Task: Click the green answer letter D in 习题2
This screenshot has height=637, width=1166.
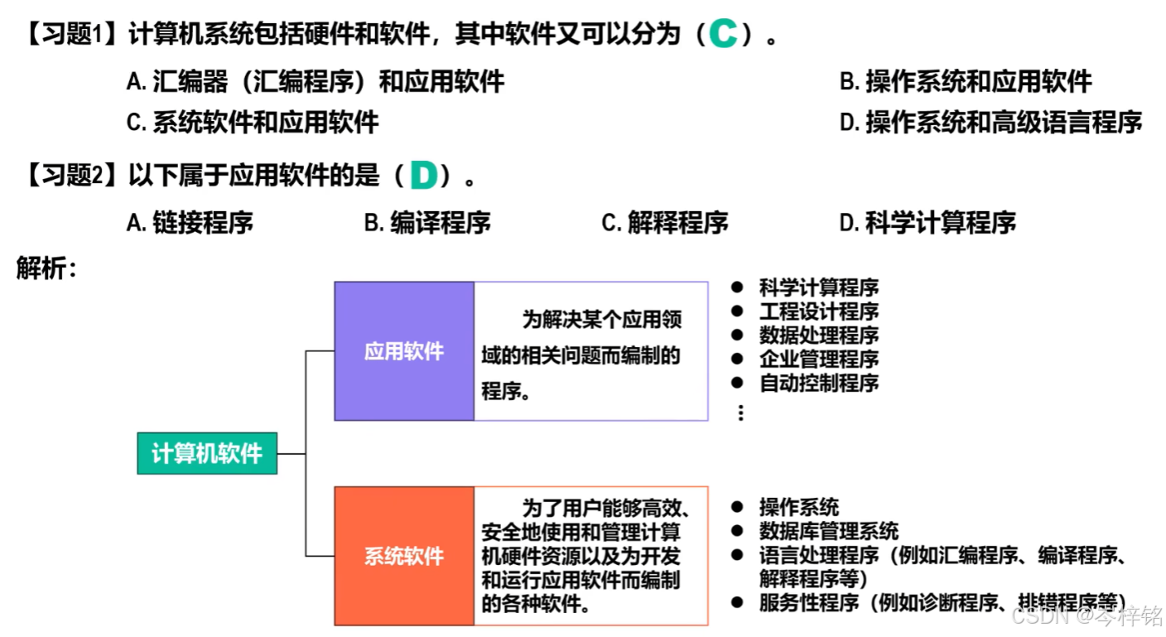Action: tap(423, 176)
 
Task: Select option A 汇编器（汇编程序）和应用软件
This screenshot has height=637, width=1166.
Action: tap(316, 81)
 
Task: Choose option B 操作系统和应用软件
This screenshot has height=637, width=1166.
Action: tap(966, 81)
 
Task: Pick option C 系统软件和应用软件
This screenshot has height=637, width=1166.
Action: tap(253, 123)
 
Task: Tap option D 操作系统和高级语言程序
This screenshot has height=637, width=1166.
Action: tap(990, 123)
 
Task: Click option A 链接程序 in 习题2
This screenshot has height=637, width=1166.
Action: tap(190, 222)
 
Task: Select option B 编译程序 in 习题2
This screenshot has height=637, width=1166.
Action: tap(427, 222)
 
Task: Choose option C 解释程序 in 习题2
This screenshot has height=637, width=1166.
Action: tap(665, 222)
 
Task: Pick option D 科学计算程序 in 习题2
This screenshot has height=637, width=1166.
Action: tap(927, 222)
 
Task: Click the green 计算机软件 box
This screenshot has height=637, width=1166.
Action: tap(207, 453)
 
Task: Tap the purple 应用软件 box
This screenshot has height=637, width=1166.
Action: tap(404, 351)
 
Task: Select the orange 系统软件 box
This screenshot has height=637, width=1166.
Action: tap(404, 556)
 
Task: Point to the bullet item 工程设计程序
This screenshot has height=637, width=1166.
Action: tap(818, 311)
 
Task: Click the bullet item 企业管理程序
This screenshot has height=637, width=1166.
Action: tap(818, 359)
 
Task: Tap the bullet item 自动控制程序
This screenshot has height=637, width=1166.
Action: tap(818, 383)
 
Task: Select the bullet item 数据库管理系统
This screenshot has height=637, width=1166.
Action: tap(828, 531)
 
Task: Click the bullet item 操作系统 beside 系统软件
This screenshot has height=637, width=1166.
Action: tap(798, 507)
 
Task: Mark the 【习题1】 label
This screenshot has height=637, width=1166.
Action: tap(70, 36)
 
